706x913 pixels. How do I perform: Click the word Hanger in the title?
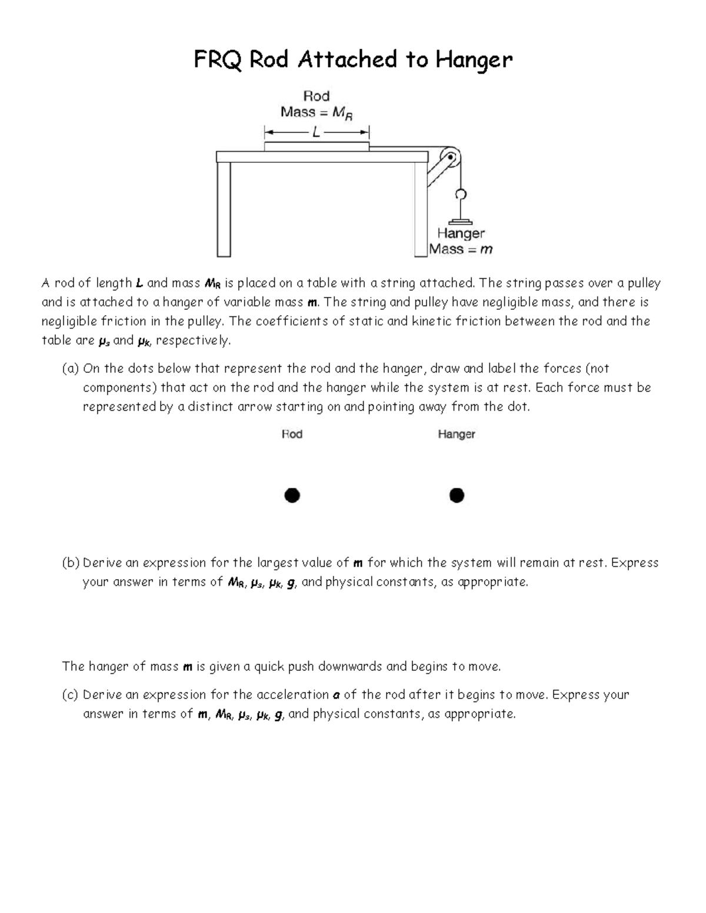(474, 60)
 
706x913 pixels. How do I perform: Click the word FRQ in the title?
(217, 60)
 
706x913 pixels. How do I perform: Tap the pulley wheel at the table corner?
(451, 158)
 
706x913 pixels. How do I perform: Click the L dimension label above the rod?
(317, 132)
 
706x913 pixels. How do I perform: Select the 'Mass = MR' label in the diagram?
(317, 112)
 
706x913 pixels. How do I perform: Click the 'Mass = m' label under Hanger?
(461, 249)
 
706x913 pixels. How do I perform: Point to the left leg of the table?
(224, 209)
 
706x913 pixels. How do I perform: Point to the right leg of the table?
(420, 209)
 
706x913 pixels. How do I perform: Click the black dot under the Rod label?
(292, 496)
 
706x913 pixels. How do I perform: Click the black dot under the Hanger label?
(457, 496)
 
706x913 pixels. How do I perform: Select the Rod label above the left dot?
(292, 434)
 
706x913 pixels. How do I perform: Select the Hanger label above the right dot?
(456, 434)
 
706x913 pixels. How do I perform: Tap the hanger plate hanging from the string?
(461, 222)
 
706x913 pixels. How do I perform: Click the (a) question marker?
(71, 369)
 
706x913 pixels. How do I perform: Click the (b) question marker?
(71, 563)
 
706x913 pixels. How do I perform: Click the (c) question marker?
(70, 695)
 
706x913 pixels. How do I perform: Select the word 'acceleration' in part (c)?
(293, 695)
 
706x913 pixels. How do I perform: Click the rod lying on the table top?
(317, 146)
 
